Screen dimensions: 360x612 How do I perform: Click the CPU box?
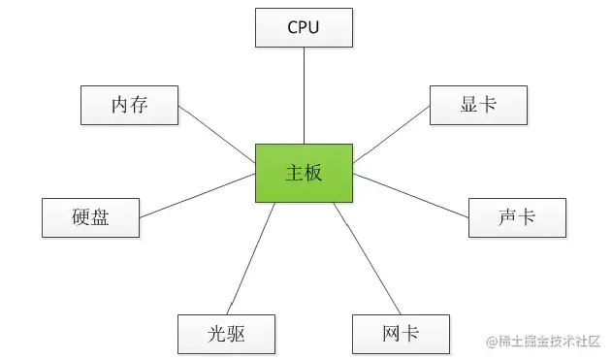pos(304,27)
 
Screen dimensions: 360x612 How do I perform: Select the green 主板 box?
pos(304,173)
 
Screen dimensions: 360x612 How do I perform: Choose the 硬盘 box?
pos(90,217)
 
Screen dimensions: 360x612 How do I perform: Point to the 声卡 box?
pos(517,217)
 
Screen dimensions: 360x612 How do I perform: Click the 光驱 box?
pos(226,334)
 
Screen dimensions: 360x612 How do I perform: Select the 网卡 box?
pos(401,334)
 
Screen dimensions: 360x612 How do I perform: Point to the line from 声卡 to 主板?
pos(410,194)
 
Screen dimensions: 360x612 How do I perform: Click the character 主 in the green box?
pos(294,173)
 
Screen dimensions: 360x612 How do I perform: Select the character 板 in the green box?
pos(313,173)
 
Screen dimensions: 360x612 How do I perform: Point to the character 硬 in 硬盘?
pos(81,217)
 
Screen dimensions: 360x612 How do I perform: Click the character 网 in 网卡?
pos(391,334)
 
